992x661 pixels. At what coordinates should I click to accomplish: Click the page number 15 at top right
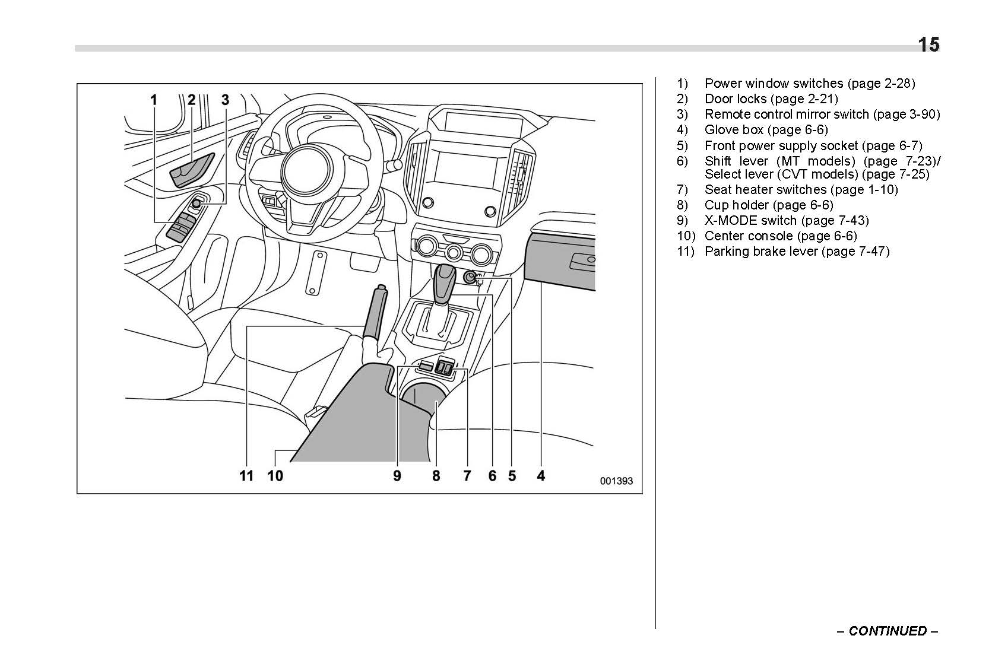[x=928, y=45]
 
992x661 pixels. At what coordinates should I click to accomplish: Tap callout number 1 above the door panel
[x=154, y=100]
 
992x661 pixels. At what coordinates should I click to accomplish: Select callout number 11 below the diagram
[x=246, y=475]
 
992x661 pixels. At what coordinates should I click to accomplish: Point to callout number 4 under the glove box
[x=541, y=475]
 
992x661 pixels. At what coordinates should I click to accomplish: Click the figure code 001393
[x=616, y=481]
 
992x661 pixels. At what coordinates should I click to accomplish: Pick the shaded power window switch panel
[x=182, y=226]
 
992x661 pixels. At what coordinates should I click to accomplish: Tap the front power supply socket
[x=470, y=277]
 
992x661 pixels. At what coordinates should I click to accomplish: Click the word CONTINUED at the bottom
[x=887, y=631]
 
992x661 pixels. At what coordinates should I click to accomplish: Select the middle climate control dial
[x=454, y=253]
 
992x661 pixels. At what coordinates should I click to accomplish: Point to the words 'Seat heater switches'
[x=765, y=190]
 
